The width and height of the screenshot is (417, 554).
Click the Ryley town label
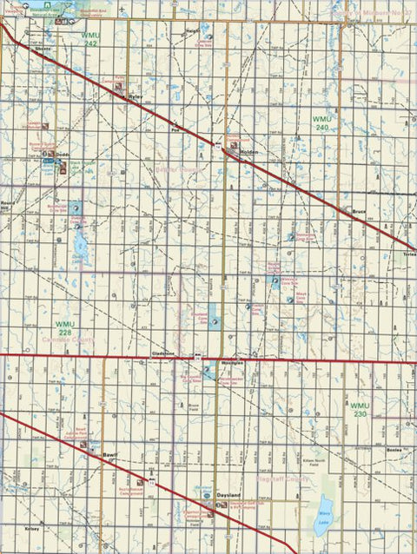(x=136, y=97)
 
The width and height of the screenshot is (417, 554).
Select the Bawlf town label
(x=109, y=454)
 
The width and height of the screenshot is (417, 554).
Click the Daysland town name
(x=228, y=494)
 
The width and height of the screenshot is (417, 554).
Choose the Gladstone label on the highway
(x=163, y=353)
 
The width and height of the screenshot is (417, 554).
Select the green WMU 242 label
(x=89, y=37)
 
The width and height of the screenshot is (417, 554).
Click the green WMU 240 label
(x=322, y=122)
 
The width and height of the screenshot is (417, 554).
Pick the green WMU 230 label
(x=361, y=409)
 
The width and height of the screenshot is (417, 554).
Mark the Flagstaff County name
(x=277, y=478)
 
